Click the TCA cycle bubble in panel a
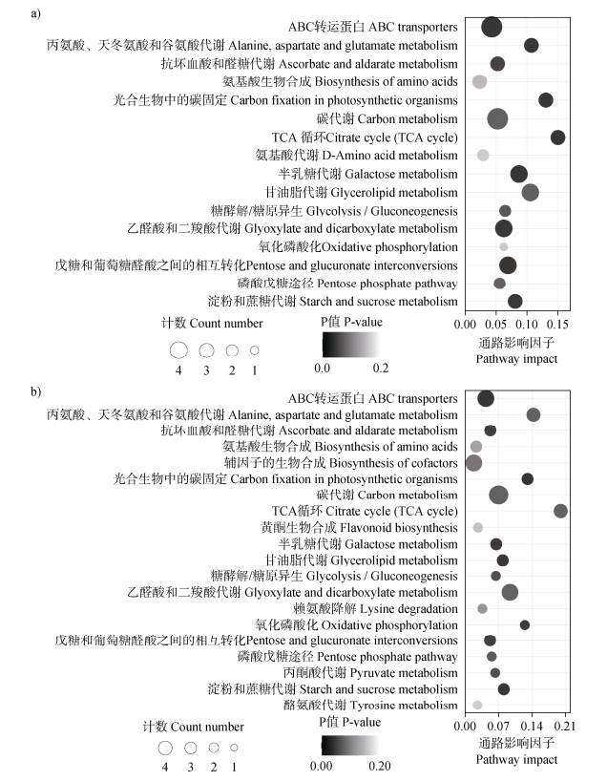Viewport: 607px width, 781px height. [x=558, y=137]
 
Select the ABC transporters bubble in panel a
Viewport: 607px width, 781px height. [x=492, y=27]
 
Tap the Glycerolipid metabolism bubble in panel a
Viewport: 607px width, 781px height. [x=531, y=193]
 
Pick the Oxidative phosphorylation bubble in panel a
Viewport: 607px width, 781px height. [x=503, y=247]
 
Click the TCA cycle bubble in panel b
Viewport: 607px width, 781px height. [x=560, y=511]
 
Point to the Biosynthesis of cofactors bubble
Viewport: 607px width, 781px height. [x=473, y=463]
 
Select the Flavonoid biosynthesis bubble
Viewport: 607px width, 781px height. [x=477, y=527]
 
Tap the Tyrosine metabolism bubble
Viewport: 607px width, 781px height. [x=477, y=705]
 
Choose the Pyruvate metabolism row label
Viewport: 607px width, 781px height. [x=385, y=672]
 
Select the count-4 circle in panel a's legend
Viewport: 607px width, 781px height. [x=178, y=350]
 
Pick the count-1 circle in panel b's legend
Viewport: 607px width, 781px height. [x=234, y=747]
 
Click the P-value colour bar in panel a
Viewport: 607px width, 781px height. [x=349, y=343]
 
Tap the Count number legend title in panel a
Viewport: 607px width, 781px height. [x=203, y=324]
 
